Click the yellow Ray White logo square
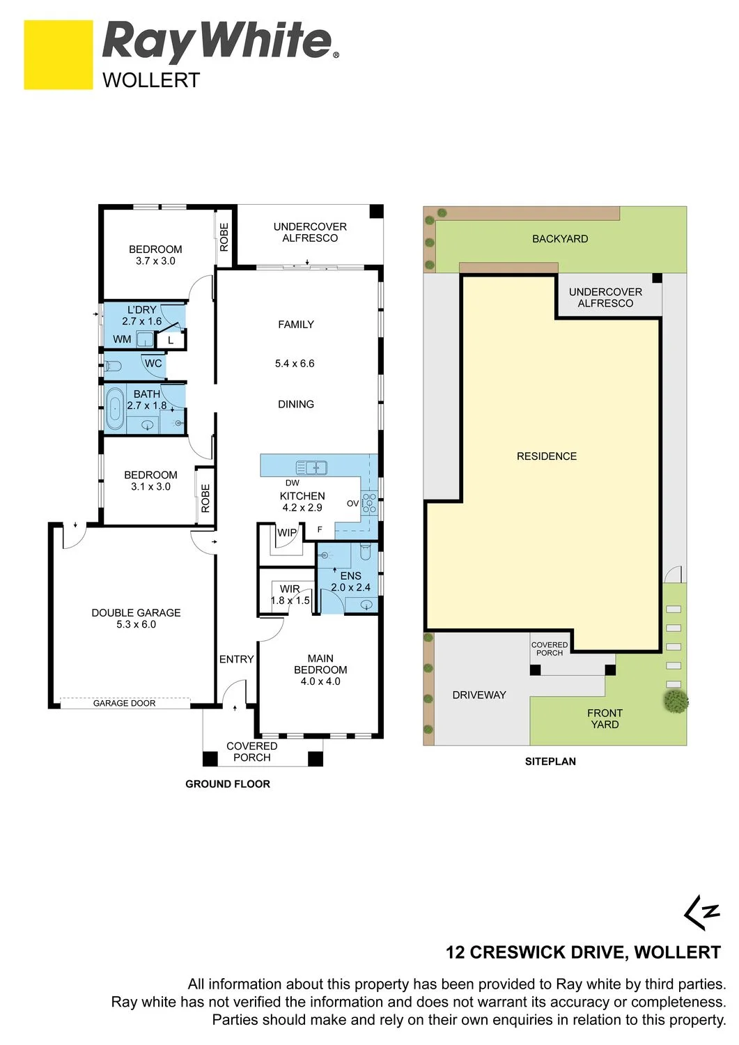[59, 54]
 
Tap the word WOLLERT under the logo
[151, 80]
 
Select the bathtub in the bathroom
[115, 410]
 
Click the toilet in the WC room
[114, 367]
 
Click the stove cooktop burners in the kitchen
[369, 503]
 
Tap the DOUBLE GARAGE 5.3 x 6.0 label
[136, 618]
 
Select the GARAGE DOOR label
[124, 703]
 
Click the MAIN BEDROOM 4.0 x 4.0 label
[320, 669]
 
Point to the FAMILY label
[296, 324]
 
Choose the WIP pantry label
[287, 532]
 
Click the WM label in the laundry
[122, 339]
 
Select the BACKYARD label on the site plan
[560, 239]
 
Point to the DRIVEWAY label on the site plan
[479, 695]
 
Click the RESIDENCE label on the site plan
[547, 456]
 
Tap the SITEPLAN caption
[550, 761]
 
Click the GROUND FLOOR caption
[228, 784]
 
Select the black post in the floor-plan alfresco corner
[376, 211]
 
